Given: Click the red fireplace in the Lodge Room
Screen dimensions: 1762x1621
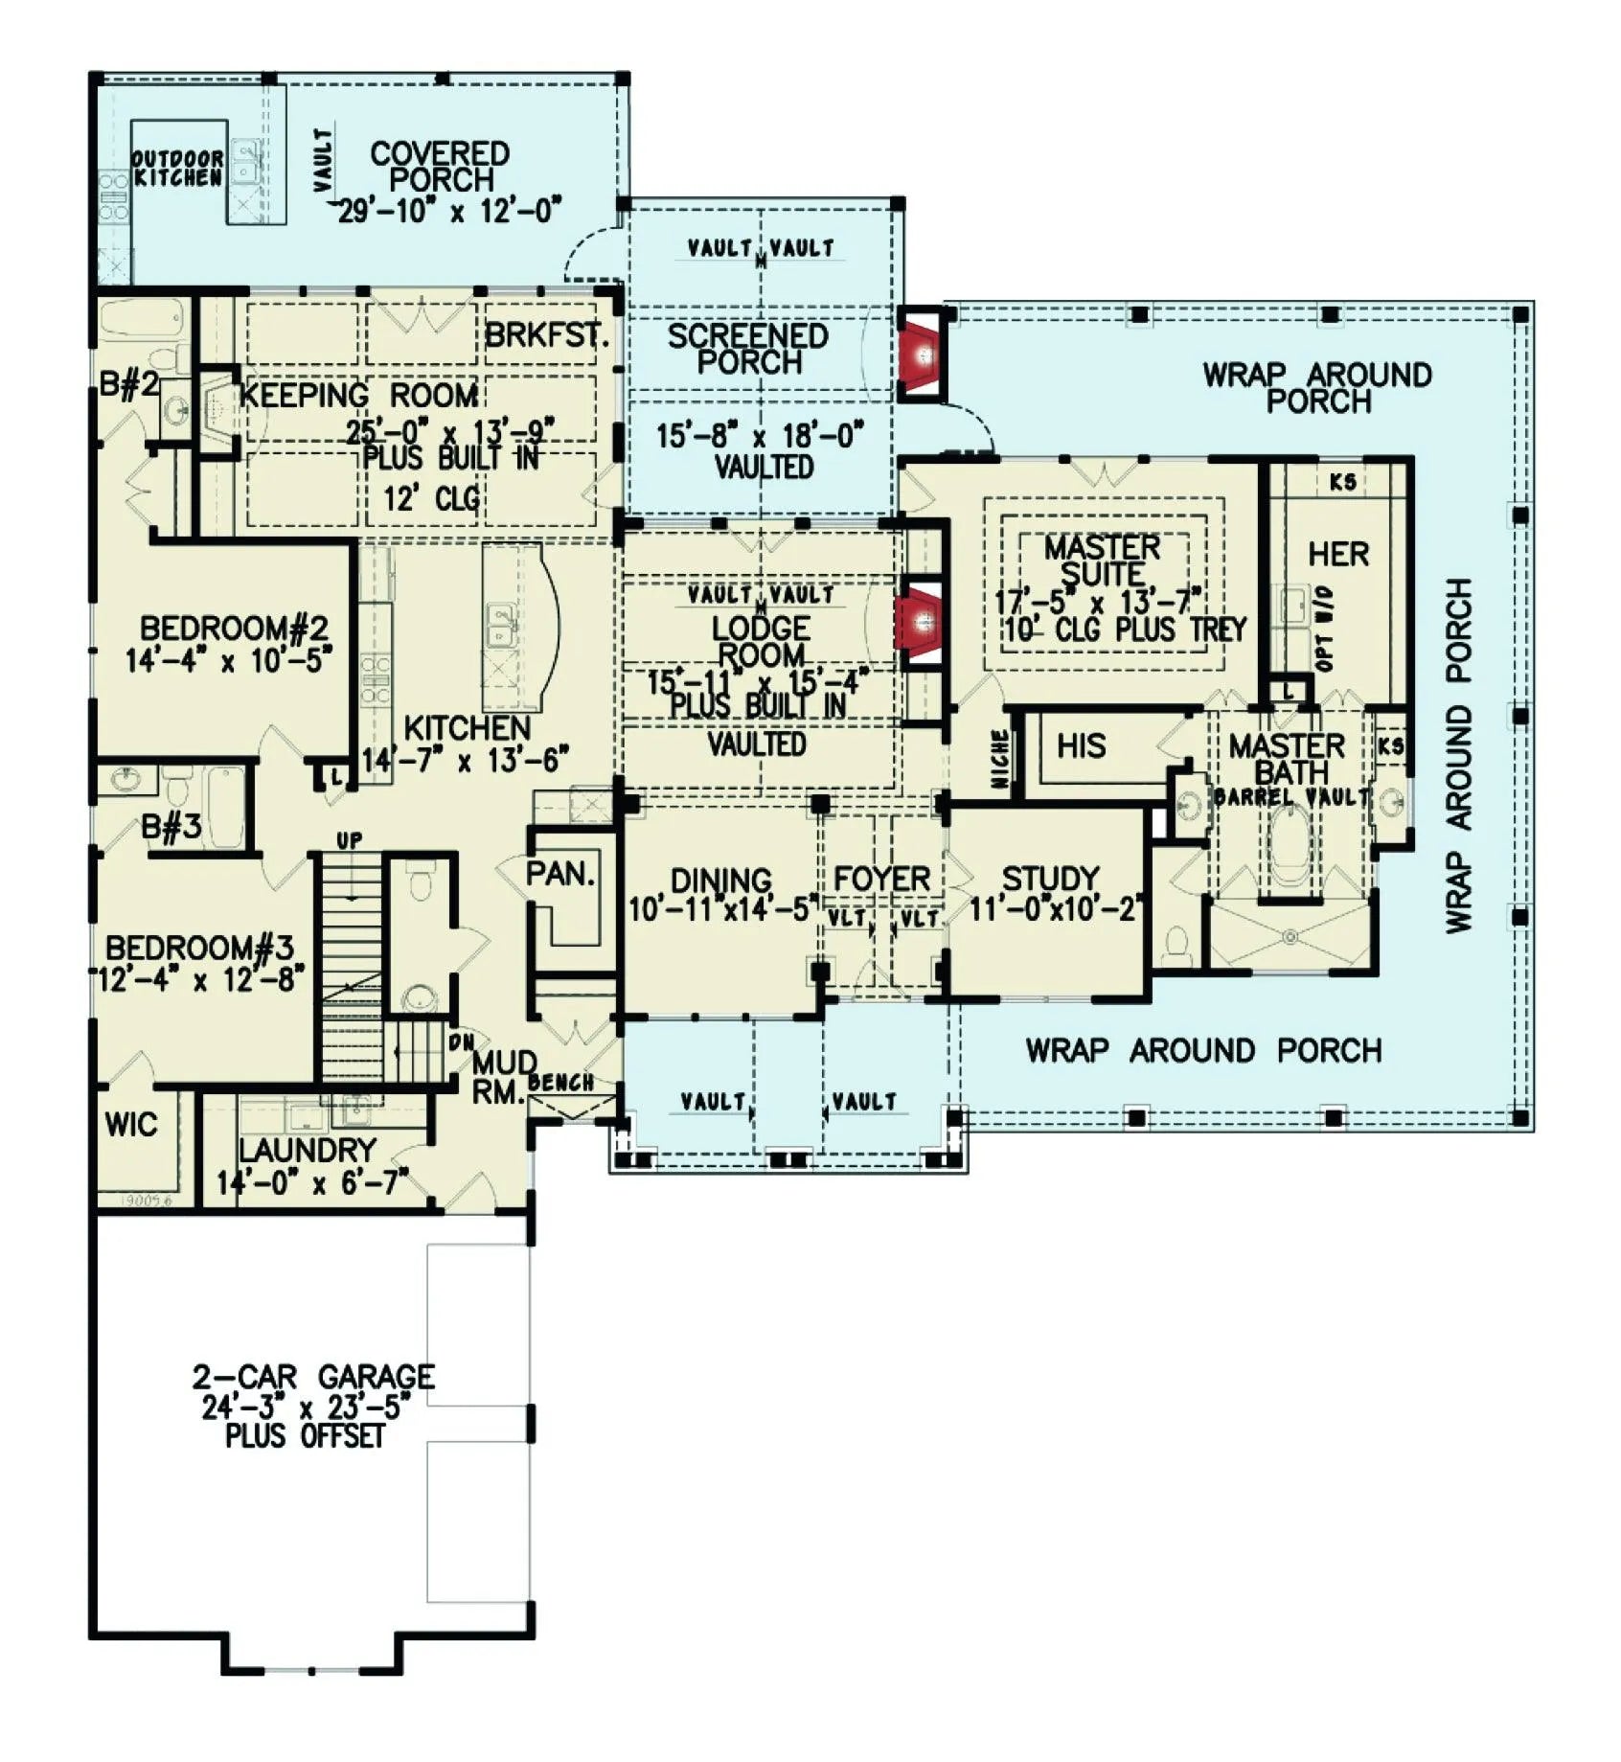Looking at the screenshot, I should tap(921, 623).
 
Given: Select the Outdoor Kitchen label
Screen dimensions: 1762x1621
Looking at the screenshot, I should tap(177, 169).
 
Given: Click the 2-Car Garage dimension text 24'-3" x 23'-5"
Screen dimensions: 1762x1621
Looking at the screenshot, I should tap(306, 1408).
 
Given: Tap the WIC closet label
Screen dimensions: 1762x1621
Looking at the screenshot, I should tap(131, 1124).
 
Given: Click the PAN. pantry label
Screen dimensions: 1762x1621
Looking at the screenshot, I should tap(560, 874).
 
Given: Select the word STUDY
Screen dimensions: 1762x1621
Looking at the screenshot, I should tap(1051, 879).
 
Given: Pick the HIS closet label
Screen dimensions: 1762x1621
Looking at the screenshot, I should tap(1082, 745).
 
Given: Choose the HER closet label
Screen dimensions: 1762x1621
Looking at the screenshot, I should tap(1338, 554).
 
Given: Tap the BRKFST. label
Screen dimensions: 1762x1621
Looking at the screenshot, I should tap(546, 336).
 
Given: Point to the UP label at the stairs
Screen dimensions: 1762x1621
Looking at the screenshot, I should tap(350, 840).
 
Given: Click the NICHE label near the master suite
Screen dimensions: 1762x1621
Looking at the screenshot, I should tap(1000, 760).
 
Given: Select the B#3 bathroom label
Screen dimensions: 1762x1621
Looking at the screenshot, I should tap(171, 827).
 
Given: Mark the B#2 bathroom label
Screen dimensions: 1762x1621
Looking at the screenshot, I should tap(129, 384).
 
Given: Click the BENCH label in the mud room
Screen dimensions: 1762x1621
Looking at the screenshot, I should tap(561, 1084).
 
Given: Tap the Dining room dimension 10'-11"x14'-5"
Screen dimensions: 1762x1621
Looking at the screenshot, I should tap(723, 908).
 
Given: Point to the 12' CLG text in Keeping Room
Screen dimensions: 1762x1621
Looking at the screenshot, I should tap(432, 498).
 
